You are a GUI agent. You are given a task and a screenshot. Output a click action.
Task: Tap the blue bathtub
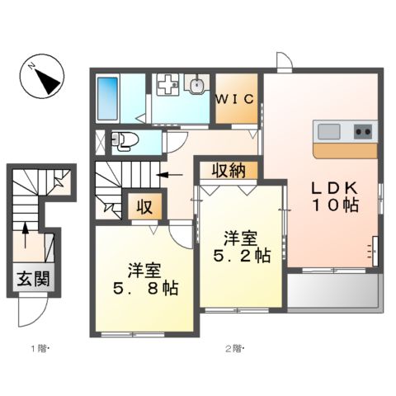point(109,98)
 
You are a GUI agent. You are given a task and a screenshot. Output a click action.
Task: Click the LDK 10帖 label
point(334,196)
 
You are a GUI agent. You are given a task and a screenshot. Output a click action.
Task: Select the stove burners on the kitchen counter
point(363,130)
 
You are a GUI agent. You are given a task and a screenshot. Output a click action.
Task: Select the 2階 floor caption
point(234,349)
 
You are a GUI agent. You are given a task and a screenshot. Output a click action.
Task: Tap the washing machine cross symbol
point(168,86)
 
